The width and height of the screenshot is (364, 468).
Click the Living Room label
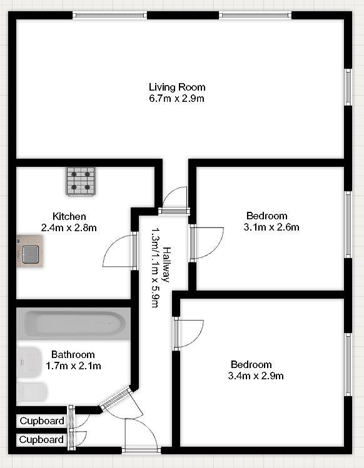point(177,87)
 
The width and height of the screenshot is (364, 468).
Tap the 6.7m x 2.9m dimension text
point(177,98)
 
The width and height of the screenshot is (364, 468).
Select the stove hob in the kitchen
point(81,181)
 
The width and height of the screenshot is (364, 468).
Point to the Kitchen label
point(69,216)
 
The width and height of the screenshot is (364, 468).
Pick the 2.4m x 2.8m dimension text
point(69,227)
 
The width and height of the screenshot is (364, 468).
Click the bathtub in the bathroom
point(74,324)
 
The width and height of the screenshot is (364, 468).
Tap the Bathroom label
point(73,354)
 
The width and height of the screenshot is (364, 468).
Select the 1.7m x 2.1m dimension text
point(73,366)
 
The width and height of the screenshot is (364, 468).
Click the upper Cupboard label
point(42,421)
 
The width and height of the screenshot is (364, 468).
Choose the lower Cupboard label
point(42,439)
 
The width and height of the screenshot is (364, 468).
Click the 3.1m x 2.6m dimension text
point(271,227)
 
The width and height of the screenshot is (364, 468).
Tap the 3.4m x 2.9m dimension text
point(256,376)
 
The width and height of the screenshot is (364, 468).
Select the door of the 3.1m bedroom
point(207,244)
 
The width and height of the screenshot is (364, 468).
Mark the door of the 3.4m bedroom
point(190,334)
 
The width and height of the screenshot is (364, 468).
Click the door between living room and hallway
point(174,199)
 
